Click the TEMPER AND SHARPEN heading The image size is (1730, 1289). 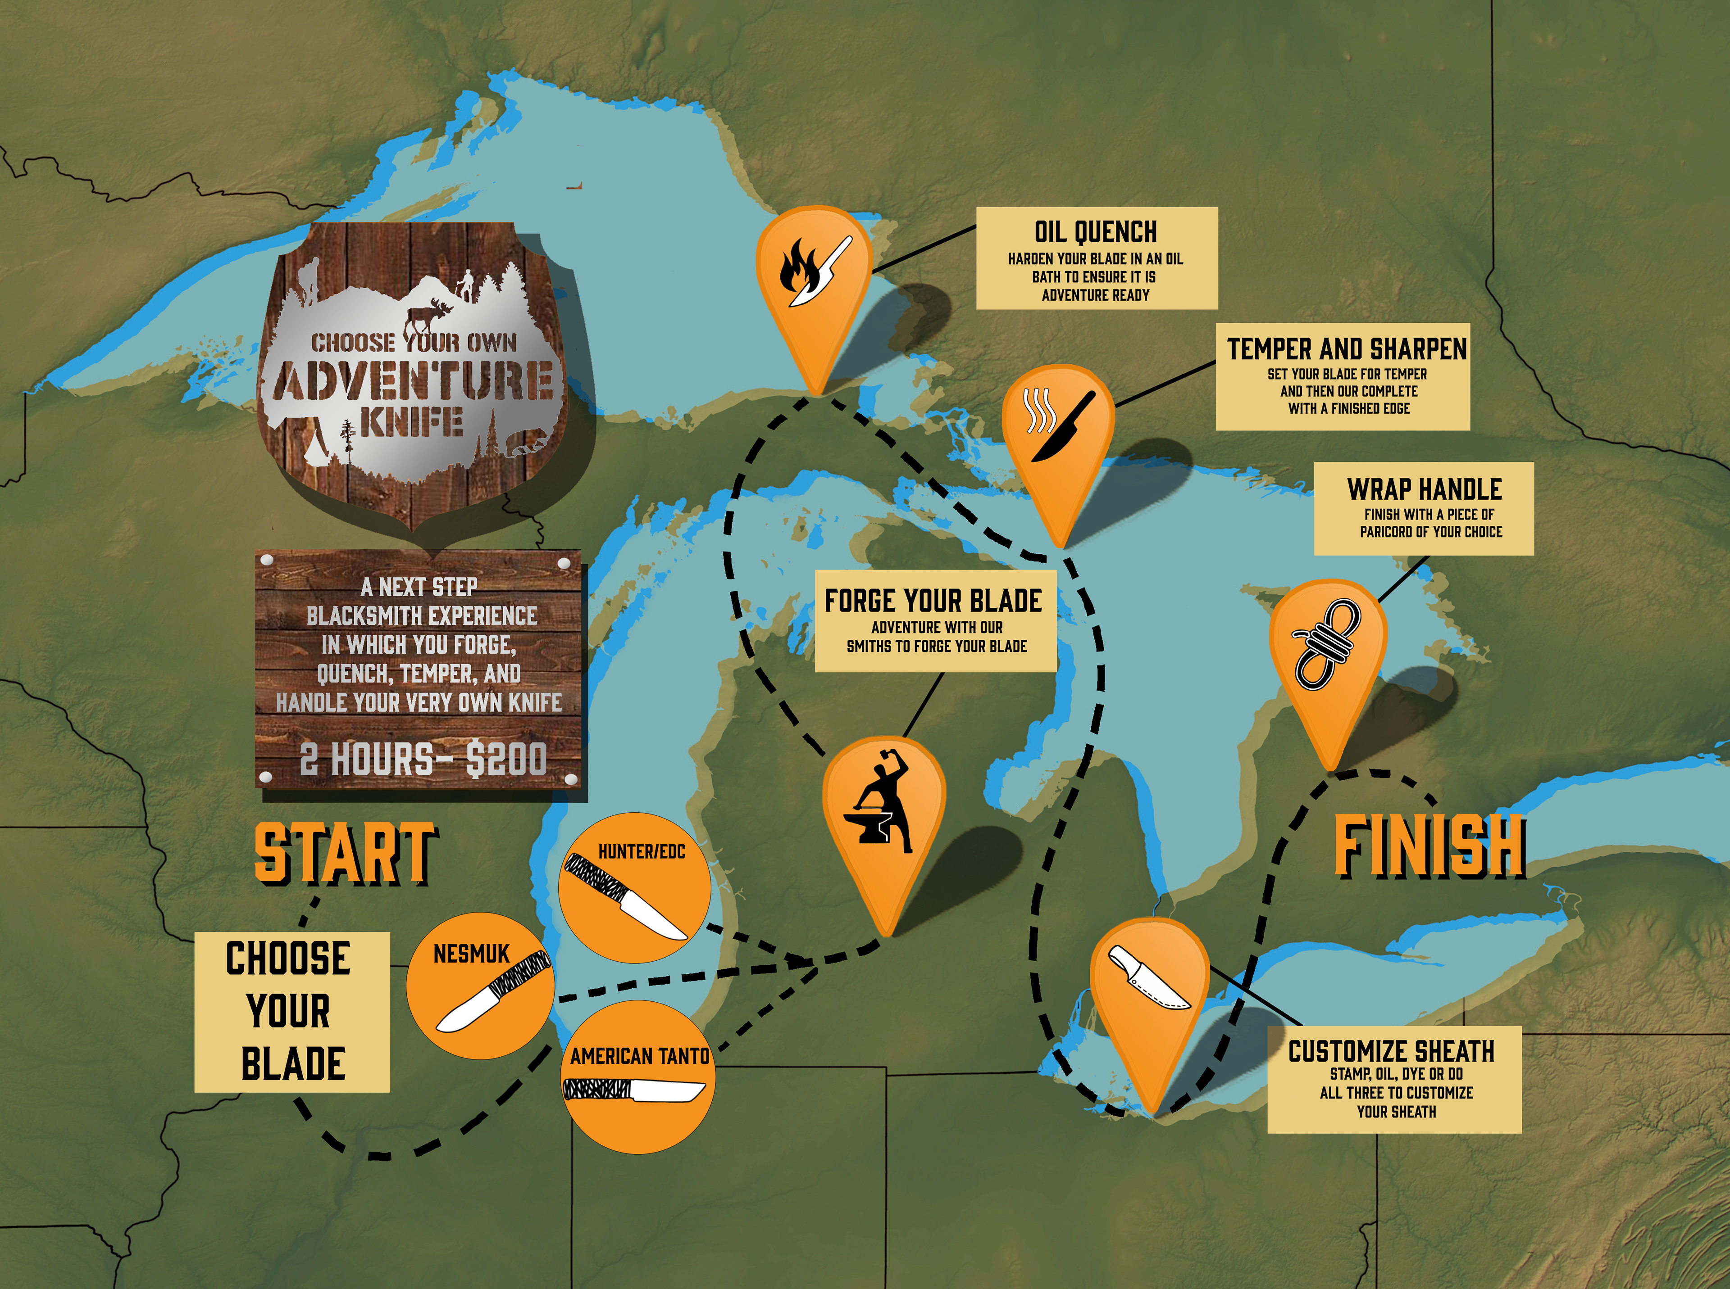click(1347, 349)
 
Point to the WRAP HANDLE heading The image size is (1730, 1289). click(1424, 489)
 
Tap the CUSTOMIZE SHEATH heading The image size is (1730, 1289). click(1391, 1051)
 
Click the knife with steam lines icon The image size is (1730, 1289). click(1059, 425)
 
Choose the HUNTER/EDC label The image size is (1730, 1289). click(641, 851)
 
